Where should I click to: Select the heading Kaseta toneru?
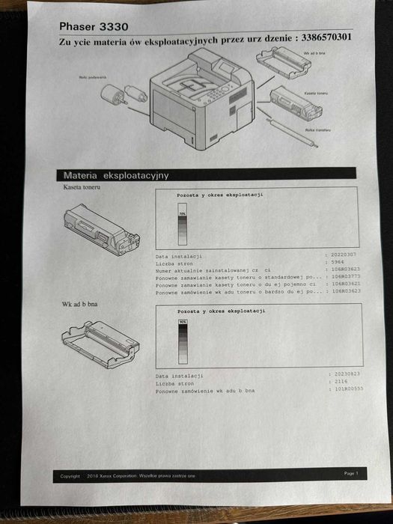coord(82,187)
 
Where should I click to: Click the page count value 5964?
coord(338,263)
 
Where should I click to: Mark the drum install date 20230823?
coord(344,373)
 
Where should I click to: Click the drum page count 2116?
coord(338,381)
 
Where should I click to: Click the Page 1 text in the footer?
coord(351,473)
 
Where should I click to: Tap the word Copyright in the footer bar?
coord(70,475)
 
